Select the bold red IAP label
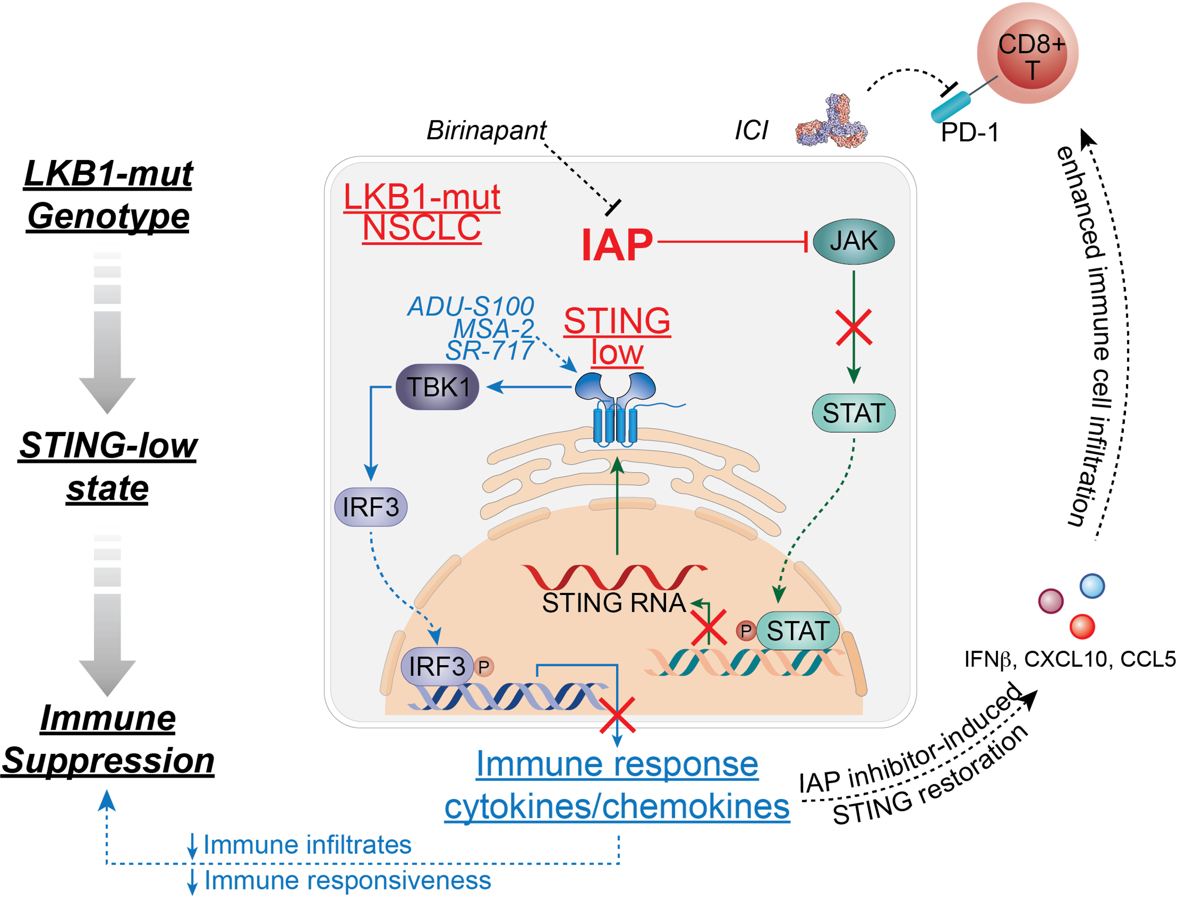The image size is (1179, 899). coord(617,245)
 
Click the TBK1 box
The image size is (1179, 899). coord(437,387)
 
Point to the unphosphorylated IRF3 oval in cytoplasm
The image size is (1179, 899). coord(371,507)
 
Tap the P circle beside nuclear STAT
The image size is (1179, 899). coord(745,631)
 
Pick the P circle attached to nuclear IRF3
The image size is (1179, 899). coord(484,667)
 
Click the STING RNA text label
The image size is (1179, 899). coord(614,603)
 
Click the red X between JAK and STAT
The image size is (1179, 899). coord(854,327)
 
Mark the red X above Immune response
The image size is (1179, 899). coord(617,715)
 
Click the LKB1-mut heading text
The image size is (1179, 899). coord(422,197)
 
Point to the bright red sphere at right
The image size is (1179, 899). coord(1082,627)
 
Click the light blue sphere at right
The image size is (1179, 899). coord(1092,586)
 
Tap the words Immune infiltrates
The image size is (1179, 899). coord(307,845)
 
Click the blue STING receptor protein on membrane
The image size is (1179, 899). coord(615,407)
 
